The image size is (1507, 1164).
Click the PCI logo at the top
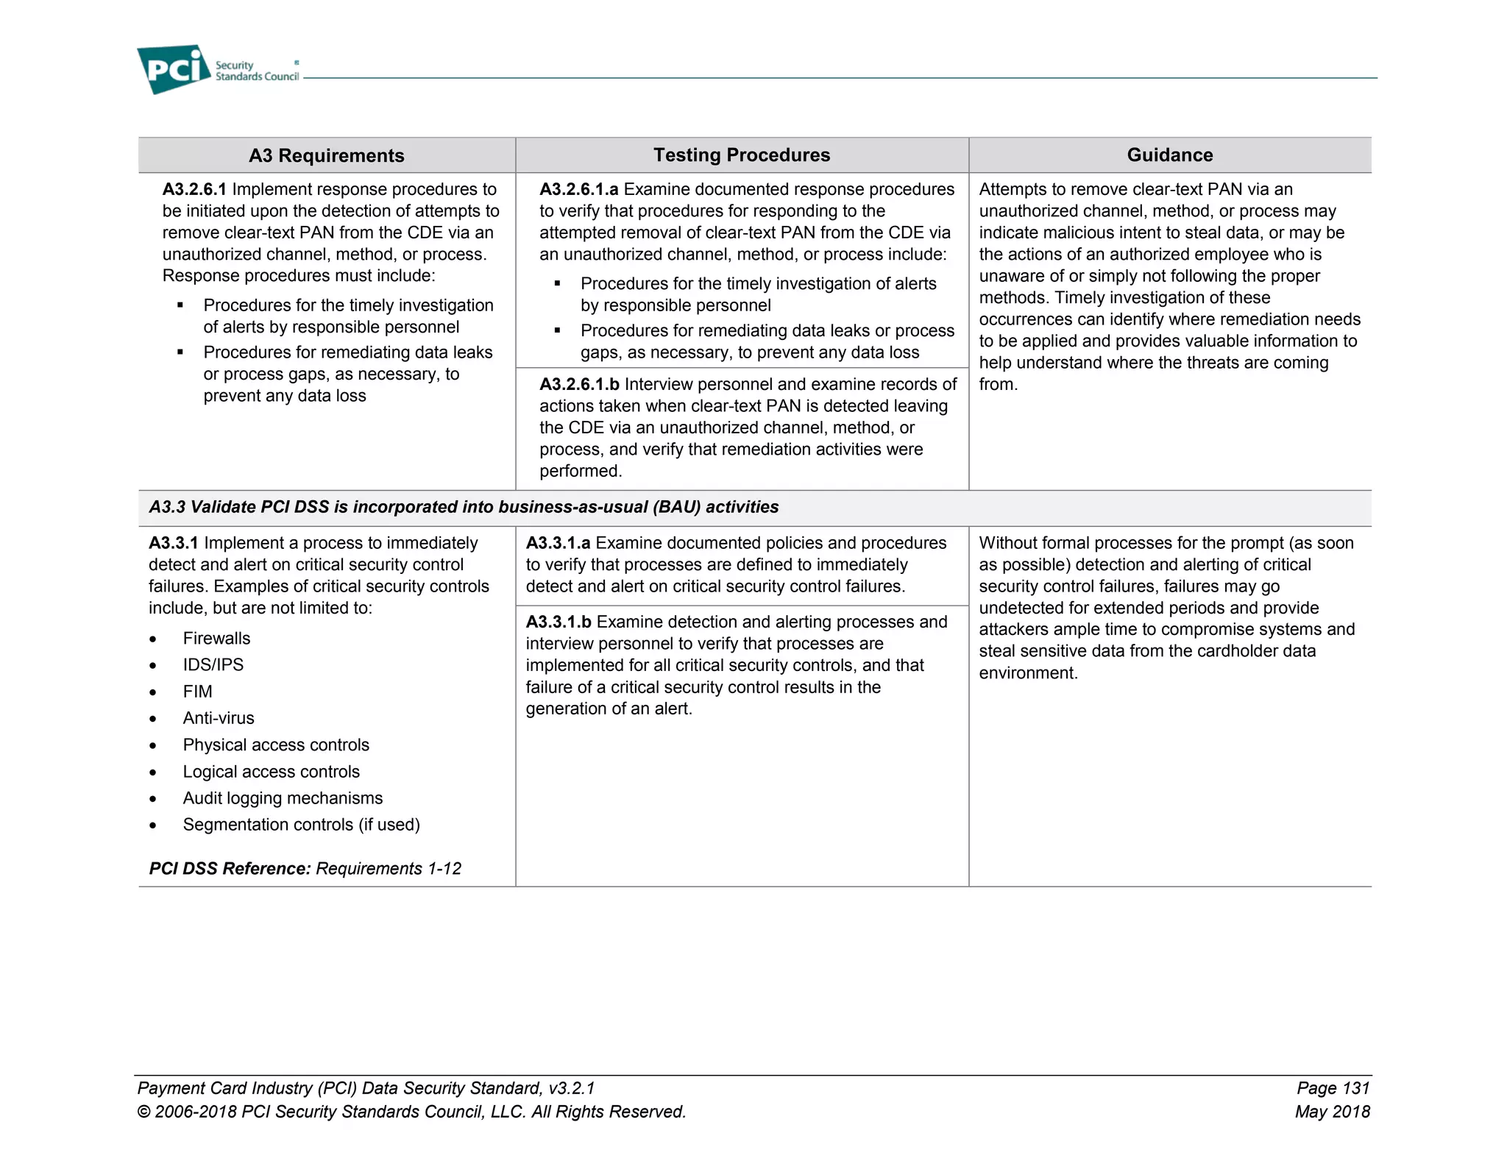[x=174, y=69]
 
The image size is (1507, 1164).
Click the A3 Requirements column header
[x=326, y=155]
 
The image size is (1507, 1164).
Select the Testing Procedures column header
[x=741, y=155]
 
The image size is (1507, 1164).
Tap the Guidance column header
[x=1169, y=155]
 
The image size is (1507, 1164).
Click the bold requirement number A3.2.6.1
[x=194, y=189]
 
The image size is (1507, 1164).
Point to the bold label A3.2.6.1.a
[x=578, y=189]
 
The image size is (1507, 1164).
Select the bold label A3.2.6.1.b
[x=579, y=384]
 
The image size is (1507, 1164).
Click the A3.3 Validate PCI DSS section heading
[x=464, y=507]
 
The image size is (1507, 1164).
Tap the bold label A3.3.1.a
[x=558, y=543]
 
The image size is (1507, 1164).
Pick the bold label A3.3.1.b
[x=559, y=622]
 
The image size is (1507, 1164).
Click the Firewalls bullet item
[x=216, y=638]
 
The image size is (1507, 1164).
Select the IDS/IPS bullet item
[x=213, y=664]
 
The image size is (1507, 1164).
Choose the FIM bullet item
[x=197, y=692]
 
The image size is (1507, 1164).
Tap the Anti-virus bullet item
[x=219, y=718]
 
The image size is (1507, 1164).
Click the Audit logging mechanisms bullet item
[x=283, y=798]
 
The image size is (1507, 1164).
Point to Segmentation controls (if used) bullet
[x=301, y=825]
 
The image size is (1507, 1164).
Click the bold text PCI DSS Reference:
[x=230, y=868]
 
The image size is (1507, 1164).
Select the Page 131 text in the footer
[x=1333, y=1088]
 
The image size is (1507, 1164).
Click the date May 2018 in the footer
[x=1332, y=1112]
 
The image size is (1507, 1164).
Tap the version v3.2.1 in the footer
[x=571, y=1088]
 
